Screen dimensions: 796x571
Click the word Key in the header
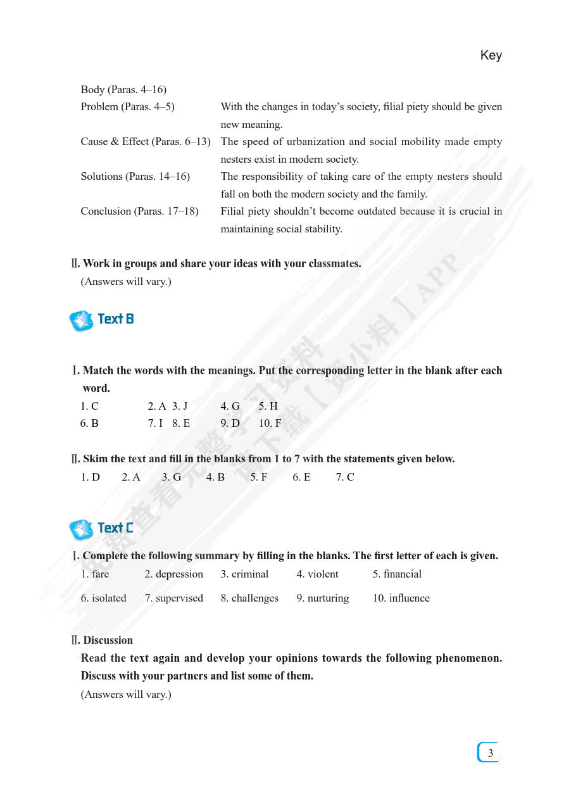[x=491, y=55]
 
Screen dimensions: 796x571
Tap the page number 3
[x=490, y=753]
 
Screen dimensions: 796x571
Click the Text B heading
[x=115, y=319]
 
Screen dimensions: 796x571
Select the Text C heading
[x=115, y=528]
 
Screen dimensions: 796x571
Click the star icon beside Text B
[x=81, y=321]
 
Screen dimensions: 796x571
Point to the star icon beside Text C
[x=81, y=529]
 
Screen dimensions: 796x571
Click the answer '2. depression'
[x=173, y=574]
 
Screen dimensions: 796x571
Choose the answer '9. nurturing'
[x=322, y=598]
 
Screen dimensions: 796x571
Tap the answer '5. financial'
[x=397, y=574]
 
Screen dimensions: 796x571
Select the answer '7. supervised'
[x=173, y=598]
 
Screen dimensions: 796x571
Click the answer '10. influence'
[x=401, y=598]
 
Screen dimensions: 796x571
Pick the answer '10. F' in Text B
[x=270, y=424]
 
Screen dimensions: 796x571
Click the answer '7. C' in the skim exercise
[x=345, y=477]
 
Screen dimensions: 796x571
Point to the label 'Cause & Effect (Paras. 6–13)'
[x=145, y=142]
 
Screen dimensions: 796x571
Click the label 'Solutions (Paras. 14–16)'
[x=135, y=177]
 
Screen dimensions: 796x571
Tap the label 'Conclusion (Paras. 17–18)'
[x=139, y=212]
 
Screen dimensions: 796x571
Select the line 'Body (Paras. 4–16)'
[x=123, y=90]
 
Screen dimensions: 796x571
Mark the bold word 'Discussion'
[x=108, y=641]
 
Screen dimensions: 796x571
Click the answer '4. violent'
[x=317, y=574]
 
